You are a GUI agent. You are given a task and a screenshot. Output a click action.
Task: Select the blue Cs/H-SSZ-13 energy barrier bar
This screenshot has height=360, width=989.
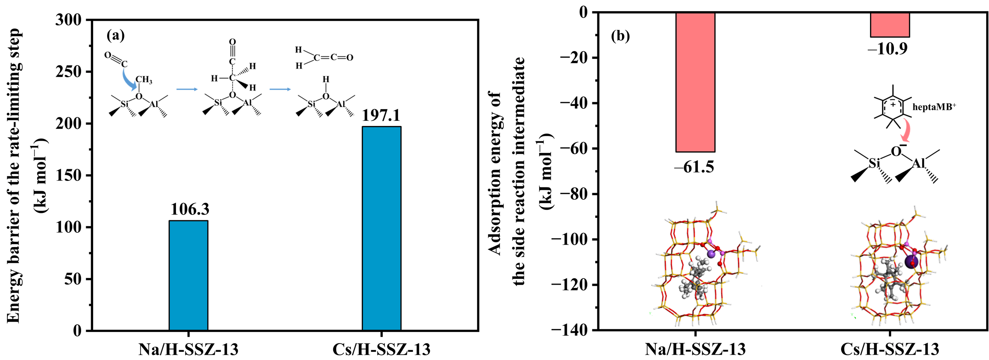(381, 228)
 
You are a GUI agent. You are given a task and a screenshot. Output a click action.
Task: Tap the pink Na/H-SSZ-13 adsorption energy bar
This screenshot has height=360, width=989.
(695, 82)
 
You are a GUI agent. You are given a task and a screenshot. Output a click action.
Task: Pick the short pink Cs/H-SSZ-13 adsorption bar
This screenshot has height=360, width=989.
(890, 25)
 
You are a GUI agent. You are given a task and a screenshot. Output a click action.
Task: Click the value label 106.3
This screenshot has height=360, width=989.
(190, 209)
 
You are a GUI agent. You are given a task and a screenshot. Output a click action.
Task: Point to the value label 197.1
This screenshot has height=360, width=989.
(381, 115)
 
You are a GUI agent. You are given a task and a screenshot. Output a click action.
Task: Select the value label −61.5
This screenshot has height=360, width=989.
(694, 167)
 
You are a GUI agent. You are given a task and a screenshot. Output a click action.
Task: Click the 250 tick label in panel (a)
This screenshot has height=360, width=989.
(68, 72)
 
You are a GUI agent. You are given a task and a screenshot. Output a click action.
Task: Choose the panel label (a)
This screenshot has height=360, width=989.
(116, 35)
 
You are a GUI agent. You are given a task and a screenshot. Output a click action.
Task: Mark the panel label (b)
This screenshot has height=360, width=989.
(620, 36)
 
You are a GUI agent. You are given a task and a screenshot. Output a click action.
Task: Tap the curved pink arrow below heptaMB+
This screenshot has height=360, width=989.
(905, 131)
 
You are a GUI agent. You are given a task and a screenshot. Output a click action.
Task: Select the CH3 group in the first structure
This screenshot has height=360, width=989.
(144, 79)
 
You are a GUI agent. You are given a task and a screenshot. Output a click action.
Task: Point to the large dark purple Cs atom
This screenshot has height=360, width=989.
(912, 262)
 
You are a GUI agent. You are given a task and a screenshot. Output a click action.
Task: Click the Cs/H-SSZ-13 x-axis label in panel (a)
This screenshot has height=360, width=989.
(381, 350)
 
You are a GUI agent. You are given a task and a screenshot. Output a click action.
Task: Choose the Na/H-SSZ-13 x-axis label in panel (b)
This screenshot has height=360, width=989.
(695, 349)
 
